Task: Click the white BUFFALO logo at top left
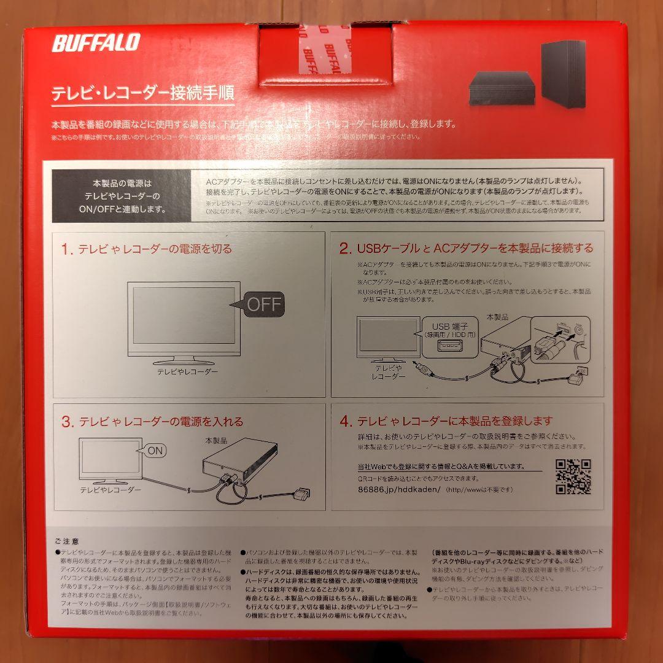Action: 96,43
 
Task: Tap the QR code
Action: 573,477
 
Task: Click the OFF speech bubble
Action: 262,304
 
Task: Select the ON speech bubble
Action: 155,451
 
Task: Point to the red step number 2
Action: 346,249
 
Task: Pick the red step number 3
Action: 67,422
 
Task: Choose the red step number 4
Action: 346,422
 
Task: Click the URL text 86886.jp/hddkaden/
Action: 399,489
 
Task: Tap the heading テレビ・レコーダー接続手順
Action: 142,95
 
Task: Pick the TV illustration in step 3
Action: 110,460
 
